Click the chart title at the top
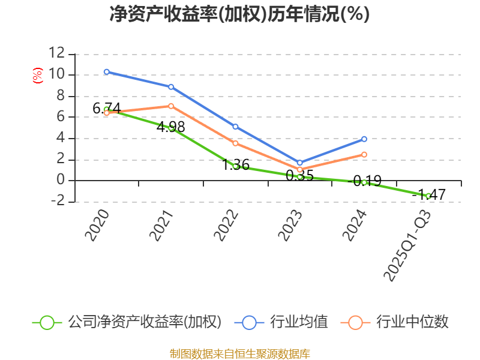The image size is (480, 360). [239, 14]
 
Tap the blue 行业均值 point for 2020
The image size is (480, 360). [106, 71]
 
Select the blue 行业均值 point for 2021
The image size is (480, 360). [171, 87]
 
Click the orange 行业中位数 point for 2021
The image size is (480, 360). [171, 106]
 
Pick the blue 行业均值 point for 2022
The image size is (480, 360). [235, 127]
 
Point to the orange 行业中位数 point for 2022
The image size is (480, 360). [235, 143]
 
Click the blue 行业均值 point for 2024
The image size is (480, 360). [364, 139]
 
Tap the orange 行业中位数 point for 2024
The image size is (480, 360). [364, 155]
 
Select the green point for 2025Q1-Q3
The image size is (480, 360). [428, 196]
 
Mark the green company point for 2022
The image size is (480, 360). [235, 166]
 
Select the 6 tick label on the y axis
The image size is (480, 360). [60, 117]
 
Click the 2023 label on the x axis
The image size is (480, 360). [291, 225]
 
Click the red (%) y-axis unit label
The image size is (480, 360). [37, 76]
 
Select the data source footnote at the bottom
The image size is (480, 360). [239, 353]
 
